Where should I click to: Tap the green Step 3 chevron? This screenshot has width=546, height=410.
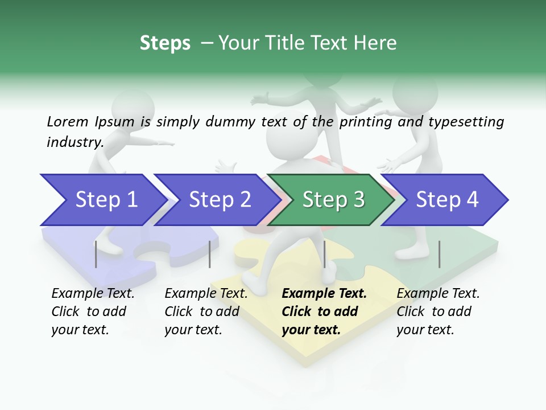click(x=333, y=199)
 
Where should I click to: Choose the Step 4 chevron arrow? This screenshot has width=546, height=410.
click(x=447, y=199)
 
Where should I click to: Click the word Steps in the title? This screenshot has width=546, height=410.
click(x=165, y=43)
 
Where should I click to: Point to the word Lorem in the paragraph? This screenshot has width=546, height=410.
click(x=68, y=121)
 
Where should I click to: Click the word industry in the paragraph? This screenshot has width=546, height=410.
click(x=75, y=142)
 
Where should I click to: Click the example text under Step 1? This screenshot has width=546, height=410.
click(x=93, y=311)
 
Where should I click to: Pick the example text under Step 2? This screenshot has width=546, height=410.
click(x=206, y=311)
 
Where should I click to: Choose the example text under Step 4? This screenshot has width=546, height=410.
click(x=438, y=311)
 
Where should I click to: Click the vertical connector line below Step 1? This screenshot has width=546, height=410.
click(x=96, y=254)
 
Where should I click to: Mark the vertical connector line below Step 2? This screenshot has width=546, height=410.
click(x=210, y=254)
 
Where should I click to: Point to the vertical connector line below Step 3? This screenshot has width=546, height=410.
click(x=324, y=254)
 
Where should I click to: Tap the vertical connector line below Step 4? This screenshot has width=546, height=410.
click(x=439, y=254)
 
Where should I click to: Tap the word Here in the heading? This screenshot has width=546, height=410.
click(x=375, y=43)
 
